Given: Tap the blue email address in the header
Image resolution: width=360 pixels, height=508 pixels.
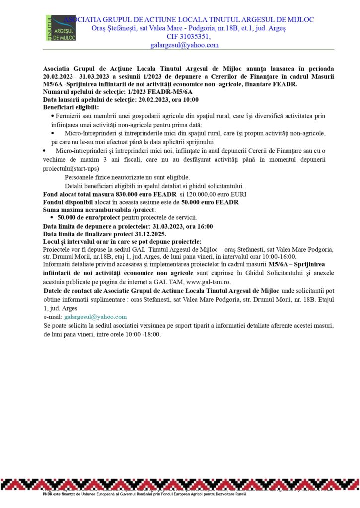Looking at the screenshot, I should pos(184,45).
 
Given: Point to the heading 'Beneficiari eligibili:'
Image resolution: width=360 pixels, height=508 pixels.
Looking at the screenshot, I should pos(71,107).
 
